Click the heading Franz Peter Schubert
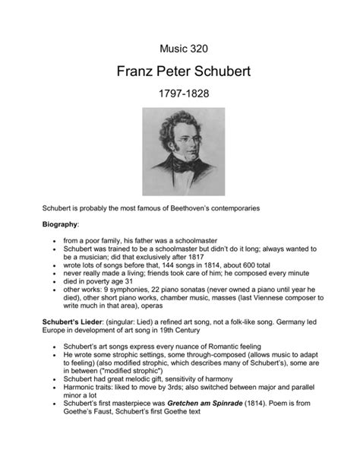pyautogui.click(x=180, y=74)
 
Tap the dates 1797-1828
pyautogui.click(x=180, y=98)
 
